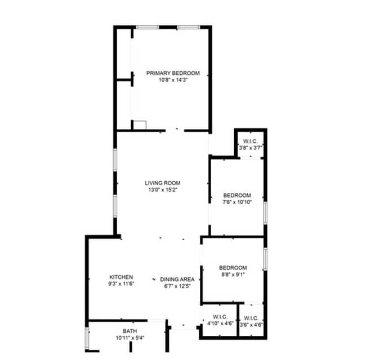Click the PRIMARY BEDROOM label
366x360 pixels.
pos(173,73)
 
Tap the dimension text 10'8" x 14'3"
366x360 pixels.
pos(173,80)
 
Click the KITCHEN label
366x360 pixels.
pos(121,277)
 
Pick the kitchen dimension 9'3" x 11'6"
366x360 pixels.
pos(121,283)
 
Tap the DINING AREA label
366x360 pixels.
pos(177,280)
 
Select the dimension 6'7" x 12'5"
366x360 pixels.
pos(177,286)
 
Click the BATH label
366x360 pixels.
pos(130,331)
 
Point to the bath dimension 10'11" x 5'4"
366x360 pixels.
pos(130,338)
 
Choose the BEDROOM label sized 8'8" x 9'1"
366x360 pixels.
pos(233,267)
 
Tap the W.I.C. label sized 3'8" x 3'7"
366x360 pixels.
pos(251,141)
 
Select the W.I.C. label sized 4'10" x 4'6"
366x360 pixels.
pos(219,317)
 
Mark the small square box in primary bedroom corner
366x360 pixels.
pos(139,125)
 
